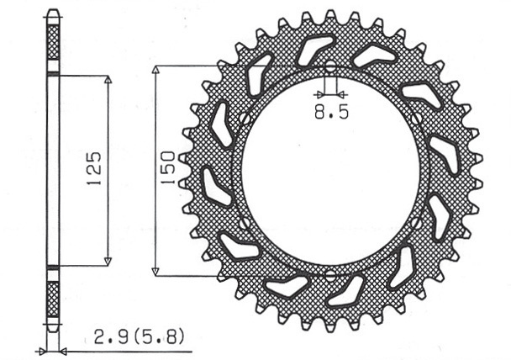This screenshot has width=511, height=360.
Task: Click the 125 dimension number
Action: click(94, 168)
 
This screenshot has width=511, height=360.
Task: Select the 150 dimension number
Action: click(168, 167)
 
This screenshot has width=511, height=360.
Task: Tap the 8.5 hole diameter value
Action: click(331, 113)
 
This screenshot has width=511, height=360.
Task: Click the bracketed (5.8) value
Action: click(159, 337)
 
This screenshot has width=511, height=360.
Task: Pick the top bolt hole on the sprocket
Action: click(330, 66)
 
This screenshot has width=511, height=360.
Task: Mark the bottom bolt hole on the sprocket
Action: click(330, 274)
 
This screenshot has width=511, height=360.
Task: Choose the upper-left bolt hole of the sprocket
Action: click(245, 119)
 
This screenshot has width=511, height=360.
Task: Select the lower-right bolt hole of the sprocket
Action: click(416, 223)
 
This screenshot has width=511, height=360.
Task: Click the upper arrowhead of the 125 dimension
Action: click(108, 81)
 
